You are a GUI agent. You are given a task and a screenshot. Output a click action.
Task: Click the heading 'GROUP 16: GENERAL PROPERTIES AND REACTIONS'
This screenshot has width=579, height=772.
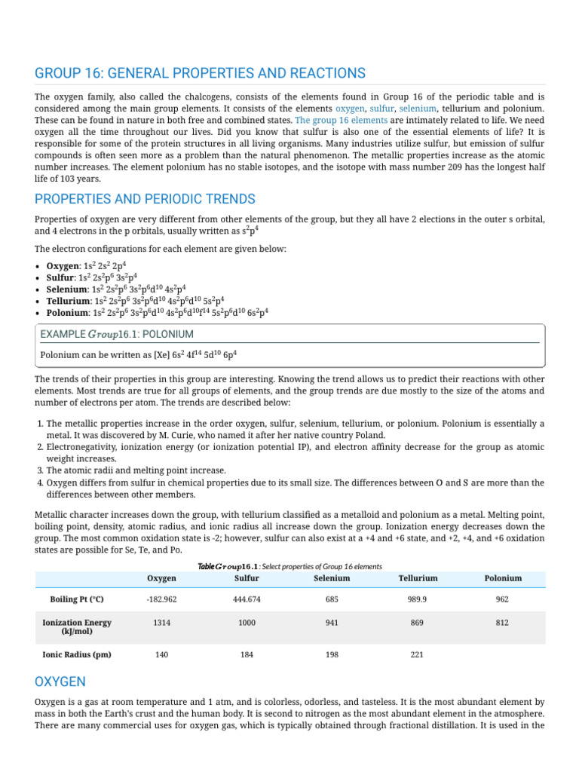click(x=200, y=73)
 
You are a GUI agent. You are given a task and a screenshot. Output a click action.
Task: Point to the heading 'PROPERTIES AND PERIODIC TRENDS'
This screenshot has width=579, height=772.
click(x=145, y=199)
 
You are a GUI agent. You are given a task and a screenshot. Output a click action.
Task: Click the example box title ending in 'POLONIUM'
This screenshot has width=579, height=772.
click(x=117, y=333)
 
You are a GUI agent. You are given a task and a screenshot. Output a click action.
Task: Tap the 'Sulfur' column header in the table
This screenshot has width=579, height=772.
click(x=247, y=578)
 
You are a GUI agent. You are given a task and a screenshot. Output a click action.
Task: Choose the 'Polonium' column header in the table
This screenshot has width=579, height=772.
click(x=503, y=578)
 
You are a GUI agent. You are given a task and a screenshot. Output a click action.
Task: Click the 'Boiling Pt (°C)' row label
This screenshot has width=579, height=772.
click(x=76, y=599)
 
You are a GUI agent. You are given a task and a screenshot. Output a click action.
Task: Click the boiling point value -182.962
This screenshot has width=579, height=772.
click(x=161, y=599)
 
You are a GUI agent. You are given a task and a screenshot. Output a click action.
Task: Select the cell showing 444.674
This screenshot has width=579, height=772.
click(x=247, y=599)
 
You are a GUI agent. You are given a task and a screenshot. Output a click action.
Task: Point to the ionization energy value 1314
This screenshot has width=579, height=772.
click(x=161, y=623)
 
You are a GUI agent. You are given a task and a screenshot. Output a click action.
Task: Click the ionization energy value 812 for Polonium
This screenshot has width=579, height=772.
click(x=503, y=623)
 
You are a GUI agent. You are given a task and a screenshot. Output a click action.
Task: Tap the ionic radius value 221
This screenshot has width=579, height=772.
click(x=418, y=654)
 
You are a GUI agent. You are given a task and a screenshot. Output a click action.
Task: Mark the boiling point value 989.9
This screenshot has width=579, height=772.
click(x=418, y=599)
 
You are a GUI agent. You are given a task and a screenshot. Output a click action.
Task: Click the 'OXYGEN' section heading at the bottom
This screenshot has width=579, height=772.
click(x=60, y=682)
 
